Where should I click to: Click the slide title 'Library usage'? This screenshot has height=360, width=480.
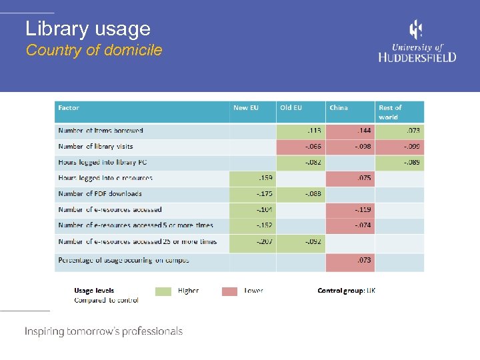pyautogui.click(x=88, y=29)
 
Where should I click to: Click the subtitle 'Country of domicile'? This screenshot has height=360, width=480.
pyautogui.click(x=94, y=50)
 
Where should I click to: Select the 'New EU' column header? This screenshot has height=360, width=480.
pyautogui.click(x=246, y=108)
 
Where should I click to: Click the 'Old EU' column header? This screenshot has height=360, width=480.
pyautogui.click(x=291, y=108)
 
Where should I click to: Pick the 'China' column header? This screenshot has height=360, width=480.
pyautogui.click(x=339, y=108)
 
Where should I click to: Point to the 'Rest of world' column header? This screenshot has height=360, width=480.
pyautogui.click(x=391, y=112)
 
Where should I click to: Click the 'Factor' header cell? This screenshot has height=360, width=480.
pyautogui.click(x=69, y=108)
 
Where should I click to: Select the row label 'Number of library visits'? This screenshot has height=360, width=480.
pyautogui.click(x=96, y=147)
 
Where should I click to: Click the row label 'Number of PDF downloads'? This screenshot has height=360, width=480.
pyautogui.click(x=100, y=194)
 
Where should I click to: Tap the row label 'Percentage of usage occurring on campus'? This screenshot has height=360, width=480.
pyautogui.click(x=123, y=260)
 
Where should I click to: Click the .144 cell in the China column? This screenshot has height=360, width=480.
pyautogui.click(x=350, y=131)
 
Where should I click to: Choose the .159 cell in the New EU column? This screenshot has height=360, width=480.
pyautogui.click(x=253, y=178)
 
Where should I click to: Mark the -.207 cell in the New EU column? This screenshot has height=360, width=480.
pyautogui.click(x=253, y=241)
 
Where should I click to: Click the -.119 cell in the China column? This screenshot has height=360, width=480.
pyautogui.click(x=350, y=209)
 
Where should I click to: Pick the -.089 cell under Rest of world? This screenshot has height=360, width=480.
pyautogui.click(x=399, y=162)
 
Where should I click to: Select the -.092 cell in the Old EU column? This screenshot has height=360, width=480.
pyautogui.click(x=301, y=241)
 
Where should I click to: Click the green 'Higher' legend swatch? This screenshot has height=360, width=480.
pyautogui.click(x=163, y=291)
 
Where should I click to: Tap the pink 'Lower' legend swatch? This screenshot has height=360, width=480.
pyautogui.click(x=229, y=291)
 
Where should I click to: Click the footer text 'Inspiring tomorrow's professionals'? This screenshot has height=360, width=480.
pyautogui.click(x=103, y=331)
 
